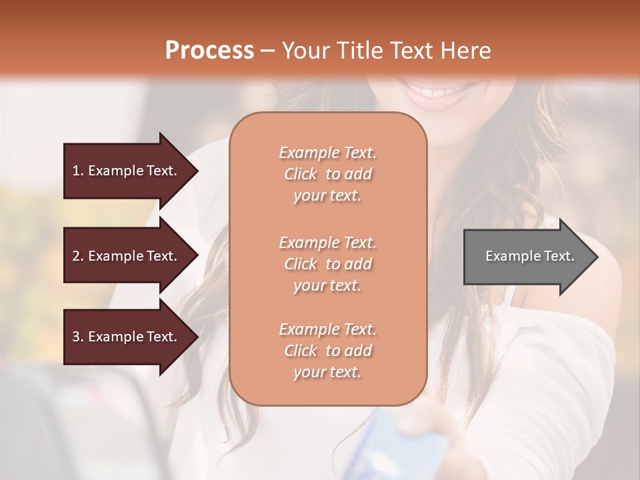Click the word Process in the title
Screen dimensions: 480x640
tap(209, 51)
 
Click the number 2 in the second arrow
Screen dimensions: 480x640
tap(76, 256)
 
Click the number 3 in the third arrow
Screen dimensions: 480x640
tap(76, 337)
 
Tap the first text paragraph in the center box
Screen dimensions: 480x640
tap(327, 174)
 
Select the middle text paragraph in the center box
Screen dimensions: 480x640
tap(327, 264)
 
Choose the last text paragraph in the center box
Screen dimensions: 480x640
tap(327, 351)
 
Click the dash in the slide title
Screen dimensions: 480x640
tap(267, 51)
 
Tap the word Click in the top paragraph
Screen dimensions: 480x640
tap(301, 174)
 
